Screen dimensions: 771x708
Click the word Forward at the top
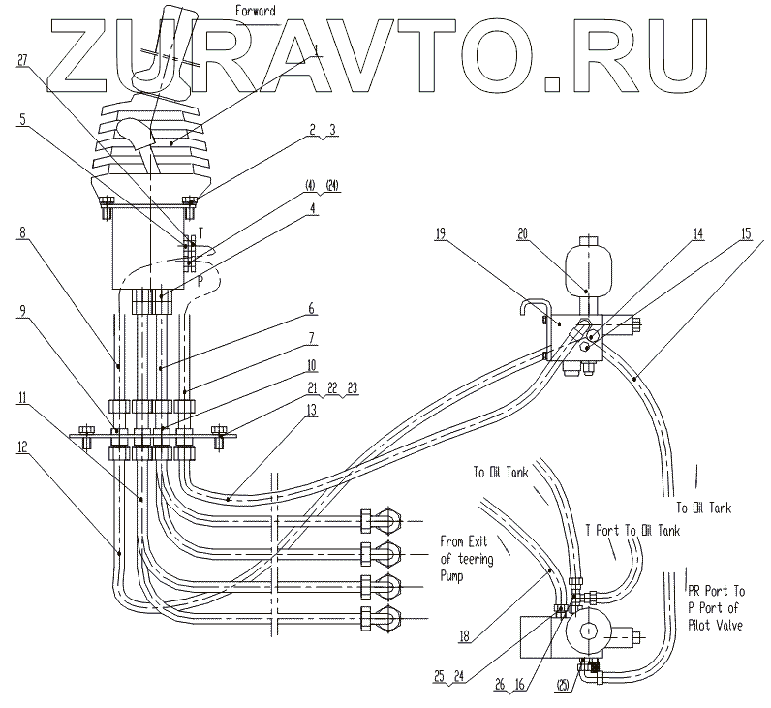point(255,11)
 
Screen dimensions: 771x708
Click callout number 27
point(22,60)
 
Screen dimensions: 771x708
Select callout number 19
point(440,232)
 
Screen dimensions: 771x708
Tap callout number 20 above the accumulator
point(522,233)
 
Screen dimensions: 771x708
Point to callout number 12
point(22,446)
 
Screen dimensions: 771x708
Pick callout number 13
point(311,410)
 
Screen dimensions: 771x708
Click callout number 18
point(464,636)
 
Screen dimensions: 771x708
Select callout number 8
point(22,231)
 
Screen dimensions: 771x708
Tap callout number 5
point(22,119)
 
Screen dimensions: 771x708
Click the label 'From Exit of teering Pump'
point(467,559)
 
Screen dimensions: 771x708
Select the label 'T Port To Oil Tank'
point(632,530)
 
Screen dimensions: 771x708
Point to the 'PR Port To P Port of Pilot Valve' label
point(717,607)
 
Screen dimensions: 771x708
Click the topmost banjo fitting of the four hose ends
point(382,521)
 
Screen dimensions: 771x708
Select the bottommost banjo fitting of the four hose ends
point(382,618)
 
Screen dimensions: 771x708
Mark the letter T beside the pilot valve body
point(200,232)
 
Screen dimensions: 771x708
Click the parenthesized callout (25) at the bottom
point(564,685)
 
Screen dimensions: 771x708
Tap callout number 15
point(747,232)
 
